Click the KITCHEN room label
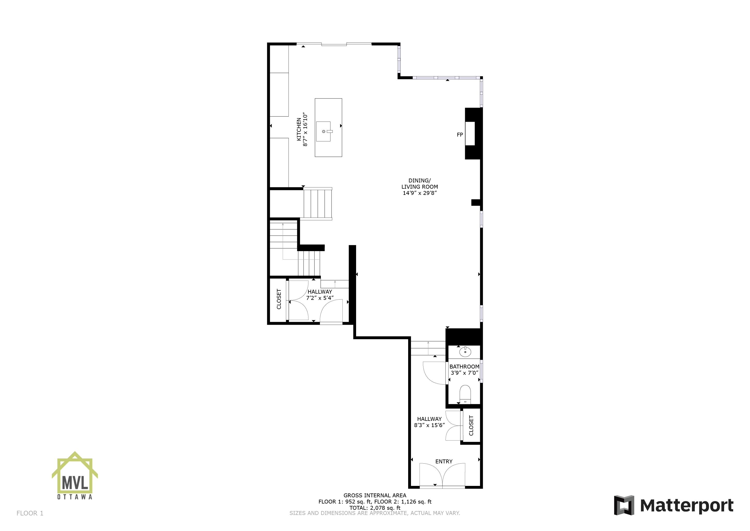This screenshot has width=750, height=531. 299,130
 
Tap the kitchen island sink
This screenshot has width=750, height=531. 323,131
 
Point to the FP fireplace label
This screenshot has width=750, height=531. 460,135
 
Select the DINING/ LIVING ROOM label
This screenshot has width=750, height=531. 420,183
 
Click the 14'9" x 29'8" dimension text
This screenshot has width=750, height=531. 420,193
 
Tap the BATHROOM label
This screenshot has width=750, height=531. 464,366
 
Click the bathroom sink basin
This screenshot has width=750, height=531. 465,352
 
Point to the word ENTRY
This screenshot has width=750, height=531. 444,461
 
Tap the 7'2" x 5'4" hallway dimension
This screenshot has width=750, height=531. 320,298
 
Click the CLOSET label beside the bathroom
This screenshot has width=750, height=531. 471,425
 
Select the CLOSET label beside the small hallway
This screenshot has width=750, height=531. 279,299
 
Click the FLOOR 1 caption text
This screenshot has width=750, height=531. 30,513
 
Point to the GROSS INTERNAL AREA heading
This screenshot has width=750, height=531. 375,495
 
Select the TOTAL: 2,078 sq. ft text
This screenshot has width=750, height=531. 375,508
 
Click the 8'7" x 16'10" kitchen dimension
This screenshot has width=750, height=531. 305,130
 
